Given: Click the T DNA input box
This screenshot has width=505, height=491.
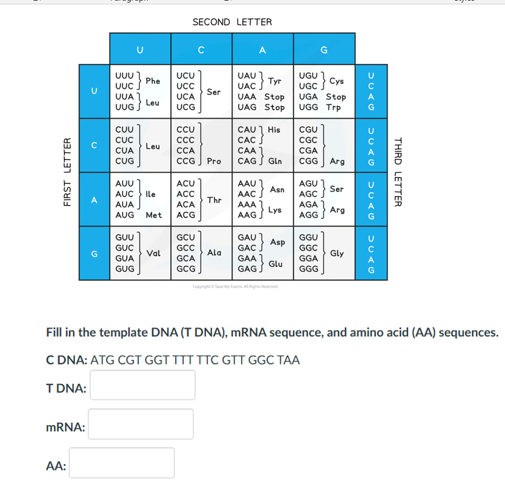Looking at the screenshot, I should [143, 385].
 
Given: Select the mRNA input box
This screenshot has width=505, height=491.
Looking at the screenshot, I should [141, 424].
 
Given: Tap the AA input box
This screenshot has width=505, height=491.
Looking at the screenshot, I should [122, 463].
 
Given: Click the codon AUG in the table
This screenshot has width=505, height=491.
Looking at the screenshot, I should [125, 215].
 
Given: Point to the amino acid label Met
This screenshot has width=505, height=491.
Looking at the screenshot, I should [154, 215].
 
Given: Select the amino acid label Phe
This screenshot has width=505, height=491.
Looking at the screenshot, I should [153, 81].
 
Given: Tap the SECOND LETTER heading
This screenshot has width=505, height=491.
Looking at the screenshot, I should [232, 22].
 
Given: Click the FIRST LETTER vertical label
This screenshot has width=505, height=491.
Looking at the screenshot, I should [67, 172].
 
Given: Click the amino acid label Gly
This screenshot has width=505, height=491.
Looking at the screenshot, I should [337, 253].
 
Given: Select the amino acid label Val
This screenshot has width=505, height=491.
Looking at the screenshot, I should [153, 253].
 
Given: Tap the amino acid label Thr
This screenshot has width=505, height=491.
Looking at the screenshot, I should [214, 200].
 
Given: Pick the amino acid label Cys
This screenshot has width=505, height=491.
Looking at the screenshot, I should [337, 81].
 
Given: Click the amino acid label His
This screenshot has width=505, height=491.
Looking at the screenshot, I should [274, 130].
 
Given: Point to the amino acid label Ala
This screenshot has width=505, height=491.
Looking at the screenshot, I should [214, 253].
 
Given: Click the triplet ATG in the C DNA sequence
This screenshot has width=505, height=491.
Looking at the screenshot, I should [102, 361].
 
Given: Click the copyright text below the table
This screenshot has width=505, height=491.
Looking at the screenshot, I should [235, 286].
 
